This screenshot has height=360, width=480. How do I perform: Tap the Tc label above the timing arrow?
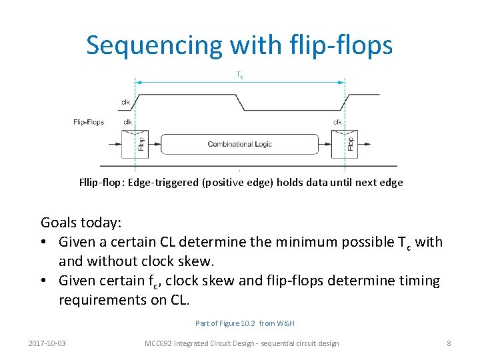pyautogui.click(x=240, y=76)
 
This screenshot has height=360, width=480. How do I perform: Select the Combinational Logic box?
pyautogui.click(x=239, y=144)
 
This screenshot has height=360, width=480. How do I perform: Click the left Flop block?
pyautogui.click(x=141, y=143)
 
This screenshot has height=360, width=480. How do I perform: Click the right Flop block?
pyautogui.click(x=351, y=143)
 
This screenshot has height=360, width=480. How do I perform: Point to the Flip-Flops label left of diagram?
pyautogui.click(x=89, y=122)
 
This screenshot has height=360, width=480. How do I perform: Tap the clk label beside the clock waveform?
pyautogui.click(x=126, y=102)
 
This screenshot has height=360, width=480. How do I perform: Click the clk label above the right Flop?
pyautogui.click(x=337, y=122)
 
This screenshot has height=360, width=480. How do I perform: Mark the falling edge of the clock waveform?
pyautogui.click(x=241, y=102)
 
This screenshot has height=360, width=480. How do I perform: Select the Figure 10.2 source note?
pyautogui.click(x=245, y=323)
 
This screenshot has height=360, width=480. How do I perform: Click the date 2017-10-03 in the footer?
pyautogui.click(x=51, y=343)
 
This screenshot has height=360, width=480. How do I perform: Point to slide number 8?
pyautogui.click(x=449, y=343)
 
